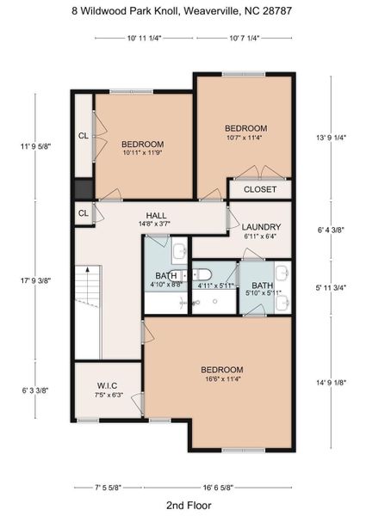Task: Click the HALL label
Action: click(x=156, y=215)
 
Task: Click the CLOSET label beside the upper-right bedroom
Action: click(x=260, y=189)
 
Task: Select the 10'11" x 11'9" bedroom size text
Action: click(x=142, y=153)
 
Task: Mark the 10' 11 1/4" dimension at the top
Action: click(x=144, y=38)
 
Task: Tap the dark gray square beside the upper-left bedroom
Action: click(x=83, y=189)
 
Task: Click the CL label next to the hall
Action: click(x=83, y=213)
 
